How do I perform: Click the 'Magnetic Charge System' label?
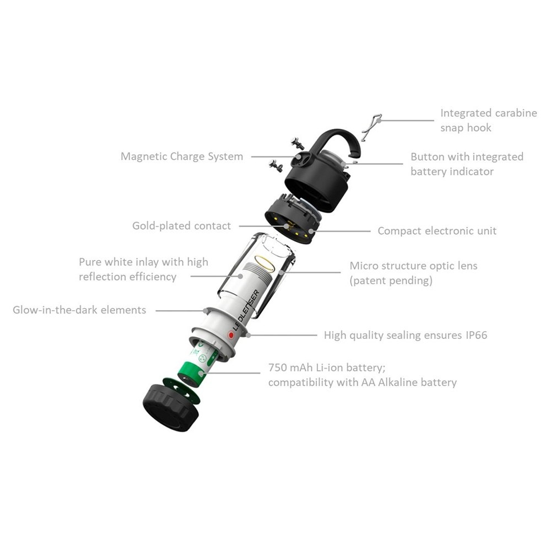pyautogui.click(x=182, y=156)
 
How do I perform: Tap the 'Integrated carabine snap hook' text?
pyautogui.click(x=488, y=120)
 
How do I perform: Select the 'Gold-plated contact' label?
pyautogui.click(x=181, y=225)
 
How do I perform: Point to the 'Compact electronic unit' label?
pyautogui.click(x=437, y=231)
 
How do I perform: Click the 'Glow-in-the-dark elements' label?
pyautogui.click(x=79, y=310)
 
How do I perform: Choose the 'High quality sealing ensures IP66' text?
pyautogui.click(x=406, y=335)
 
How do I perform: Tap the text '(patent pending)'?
pyautogui.click(x=391, y=280)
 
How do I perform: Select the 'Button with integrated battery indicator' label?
pyautogui.click(x=467, y=164)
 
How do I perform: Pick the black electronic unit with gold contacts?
pyautogui.click(x=292, y=224)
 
